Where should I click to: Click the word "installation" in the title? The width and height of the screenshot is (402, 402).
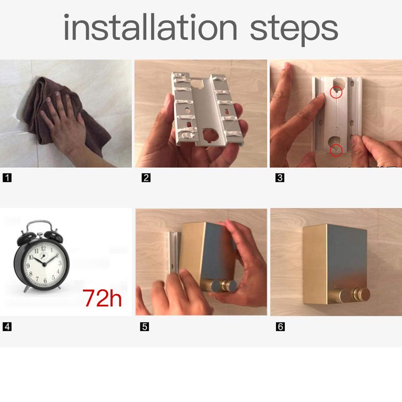point(150,27)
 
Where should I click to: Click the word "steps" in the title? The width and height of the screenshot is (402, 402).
point(294,30)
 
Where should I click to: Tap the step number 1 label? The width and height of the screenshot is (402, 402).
point(7,178)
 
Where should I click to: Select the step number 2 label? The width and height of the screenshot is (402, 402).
point(146,178)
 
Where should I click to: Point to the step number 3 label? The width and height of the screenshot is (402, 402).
point(280,178)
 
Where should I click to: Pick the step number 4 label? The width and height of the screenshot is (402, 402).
point(7,326)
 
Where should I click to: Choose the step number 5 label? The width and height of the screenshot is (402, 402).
point(145,326)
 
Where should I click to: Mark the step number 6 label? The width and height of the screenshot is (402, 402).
point(280,326)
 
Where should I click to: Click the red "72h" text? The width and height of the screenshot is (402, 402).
point(102,298)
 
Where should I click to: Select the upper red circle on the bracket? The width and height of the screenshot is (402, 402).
point(336,92)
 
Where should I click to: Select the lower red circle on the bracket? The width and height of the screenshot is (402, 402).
point(336,150)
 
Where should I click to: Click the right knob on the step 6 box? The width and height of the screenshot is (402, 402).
point(361,294)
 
